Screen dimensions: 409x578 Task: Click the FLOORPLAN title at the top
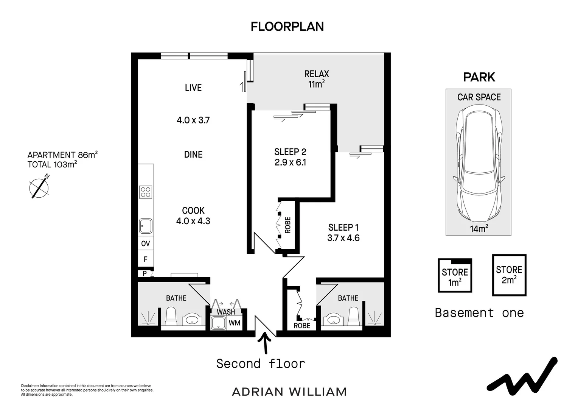287,27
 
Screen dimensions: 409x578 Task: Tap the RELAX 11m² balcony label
317,79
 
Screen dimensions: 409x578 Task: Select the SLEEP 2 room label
290,152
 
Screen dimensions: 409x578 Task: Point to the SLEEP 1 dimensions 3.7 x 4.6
343,238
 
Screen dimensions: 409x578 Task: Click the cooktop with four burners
146,192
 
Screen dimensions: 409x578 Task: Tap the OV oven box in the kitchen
146,244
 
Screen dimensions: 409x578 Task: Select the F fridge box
146,259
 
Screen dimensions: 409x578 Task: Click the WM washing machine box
235,323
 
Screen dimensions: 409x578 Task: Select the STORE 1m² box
455,276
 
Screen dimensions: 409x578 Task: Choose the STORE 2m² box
509,275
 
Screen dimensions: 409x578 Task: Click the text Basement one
479,313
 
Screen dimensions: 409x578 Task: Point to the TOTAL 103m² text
52,165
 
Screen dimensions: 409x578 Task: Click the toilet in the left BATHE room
171,317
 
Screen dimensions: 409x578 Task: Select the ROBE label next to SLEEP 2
287,225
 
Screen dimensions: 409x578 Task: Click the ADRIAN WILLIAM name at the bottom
289,392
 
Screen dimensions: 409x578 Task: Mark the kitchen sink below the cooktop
146,226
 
